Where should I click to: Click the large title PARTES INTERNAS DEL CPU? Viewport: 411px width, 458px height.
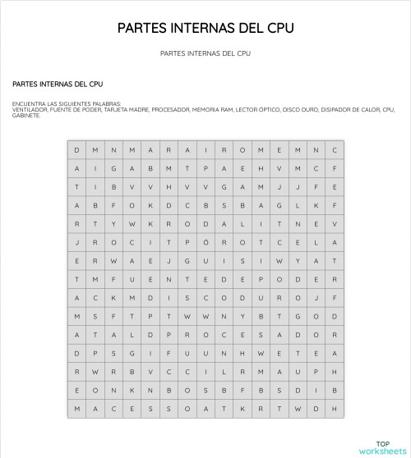pyautogui.click(x=205, y=28)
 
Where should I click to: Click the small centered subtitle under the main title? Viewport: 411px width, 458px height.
pyautogui.click(x=205, y=53)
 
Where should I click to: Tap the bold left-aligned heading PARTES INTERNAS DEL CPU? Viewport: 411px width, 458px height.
pyautogui.click(x=58, y=84)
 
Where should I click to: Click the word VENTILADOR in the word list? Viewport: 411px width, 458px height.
pyautogui.click(x=30, y=109)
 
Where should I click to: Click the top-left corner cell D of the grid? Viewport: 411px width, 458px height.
pyautogui.click(x=76, y=150)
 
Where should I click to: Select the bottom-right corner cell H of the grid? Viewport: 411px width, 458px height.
pyautogui.click(x=335, y=409)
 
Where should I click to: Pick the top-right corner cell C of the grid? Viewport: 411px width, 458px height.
pyautogui.click(x=335, y=150)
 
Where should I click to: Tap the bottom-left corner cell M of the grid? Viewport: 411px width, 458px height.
pyautogui.click(x=76, y=409)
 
